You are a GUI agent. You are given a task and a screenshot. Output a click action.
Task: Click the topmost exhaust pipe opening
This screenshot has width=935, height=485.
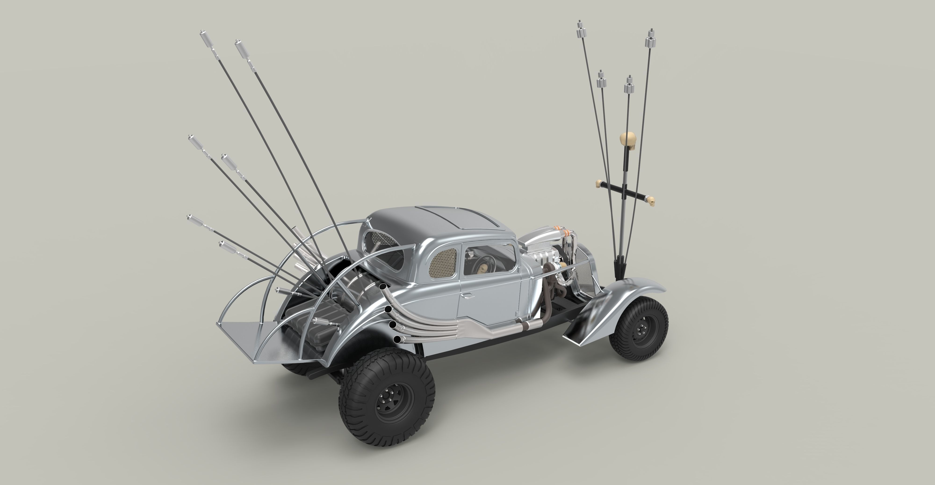382,277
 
